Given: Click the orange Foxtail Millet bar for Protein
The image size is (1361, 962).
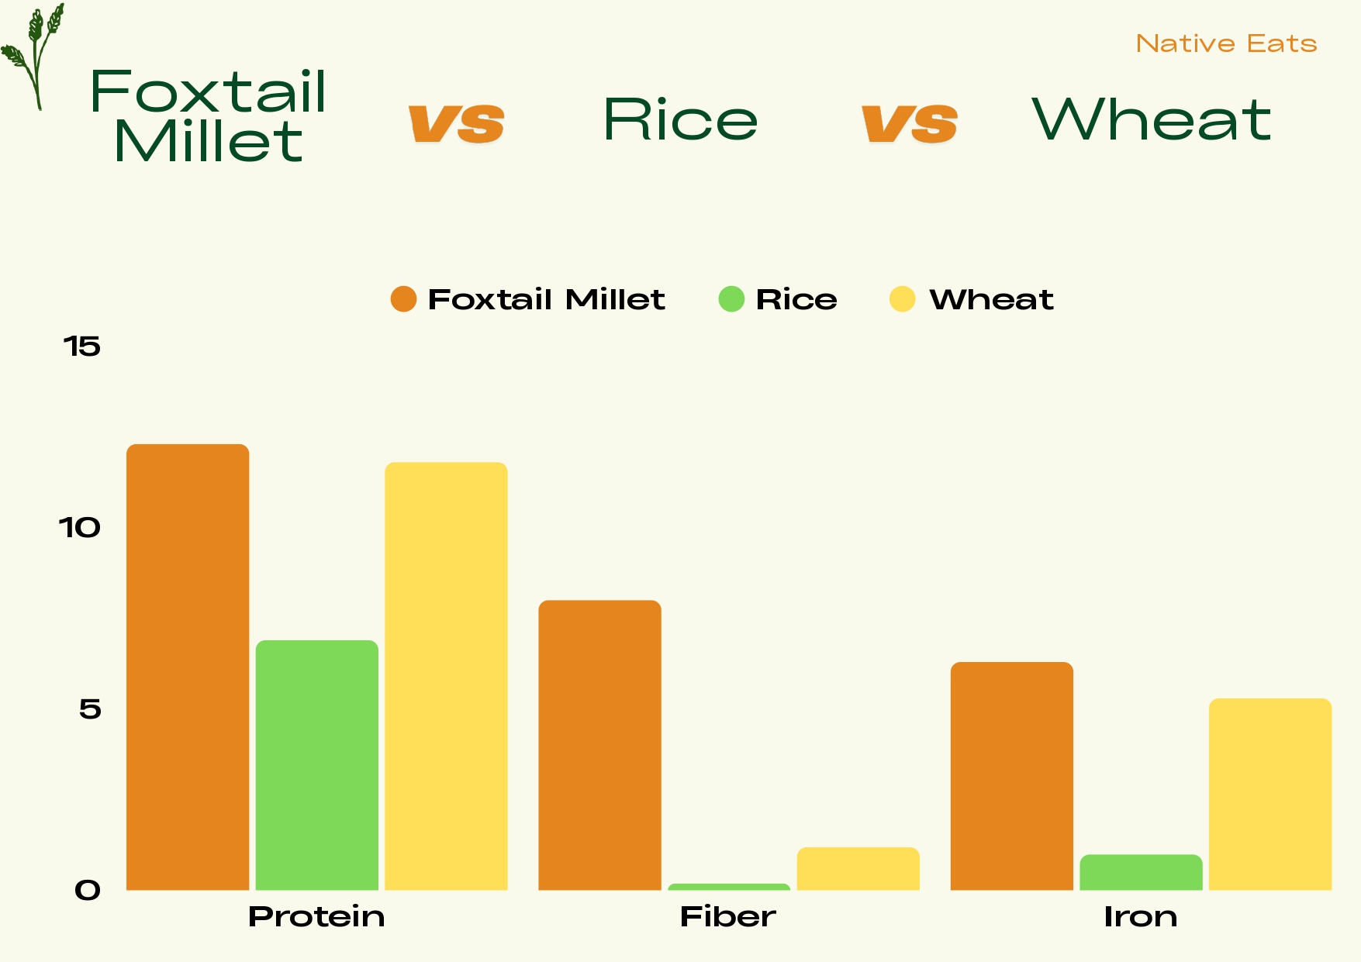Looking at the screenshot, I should tap(188, 667).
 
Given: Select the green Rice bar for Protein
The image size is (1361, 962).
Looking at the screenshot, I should tap(317, 765).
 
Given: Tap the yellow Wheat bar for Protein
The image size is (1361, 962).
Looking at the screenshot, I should tap(446, 676).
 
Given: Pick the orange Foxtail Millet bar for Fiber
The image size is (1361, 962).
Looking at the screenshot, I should tap(599, 745).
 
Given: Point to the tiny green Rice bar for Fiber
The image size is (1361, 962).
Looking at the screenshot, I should tap(729, 887).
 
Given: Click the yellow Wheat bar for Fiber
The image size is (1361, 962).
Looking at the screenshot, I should tap(858, 869).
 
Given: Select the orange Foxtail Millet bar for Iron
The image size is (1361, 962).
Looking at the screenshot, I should tap(1011, 776).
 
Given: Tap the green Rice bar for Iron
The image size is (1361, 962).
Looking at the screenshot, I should tap(1141, 873).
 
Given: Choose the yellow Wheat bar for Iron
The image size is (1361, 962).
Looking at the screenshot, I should tap(1269, 795).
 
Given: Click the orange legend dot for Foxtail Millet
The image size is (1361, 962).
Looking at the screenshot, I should tap(403, 299).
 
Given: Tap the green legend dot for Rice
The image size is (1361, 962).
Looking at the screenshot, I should tap(731, 299).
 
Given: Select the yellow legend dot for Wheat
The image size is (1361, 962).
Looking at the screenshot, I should tap(902, 299).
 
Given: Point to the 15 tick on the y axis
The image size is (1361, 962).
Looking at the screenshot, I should tap(82, 347).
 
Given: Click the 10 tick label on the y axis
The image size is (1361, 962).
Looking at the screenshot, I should tap(80, 528).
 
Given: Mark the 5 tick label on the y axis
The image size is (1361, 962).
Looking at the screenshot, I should tap(90, 709).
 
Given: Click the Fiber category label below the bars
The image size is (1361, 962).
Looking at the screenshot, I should tap(727, 917).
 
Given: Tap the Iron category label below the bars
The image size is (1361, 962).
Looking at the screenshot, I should tap(1140, 917).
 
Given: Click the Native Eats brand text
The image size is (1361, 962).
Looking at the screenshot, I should tap(1226, 43).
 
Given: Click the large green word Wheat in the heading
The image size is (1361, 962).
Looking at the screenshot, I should tap(1151, 120).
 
